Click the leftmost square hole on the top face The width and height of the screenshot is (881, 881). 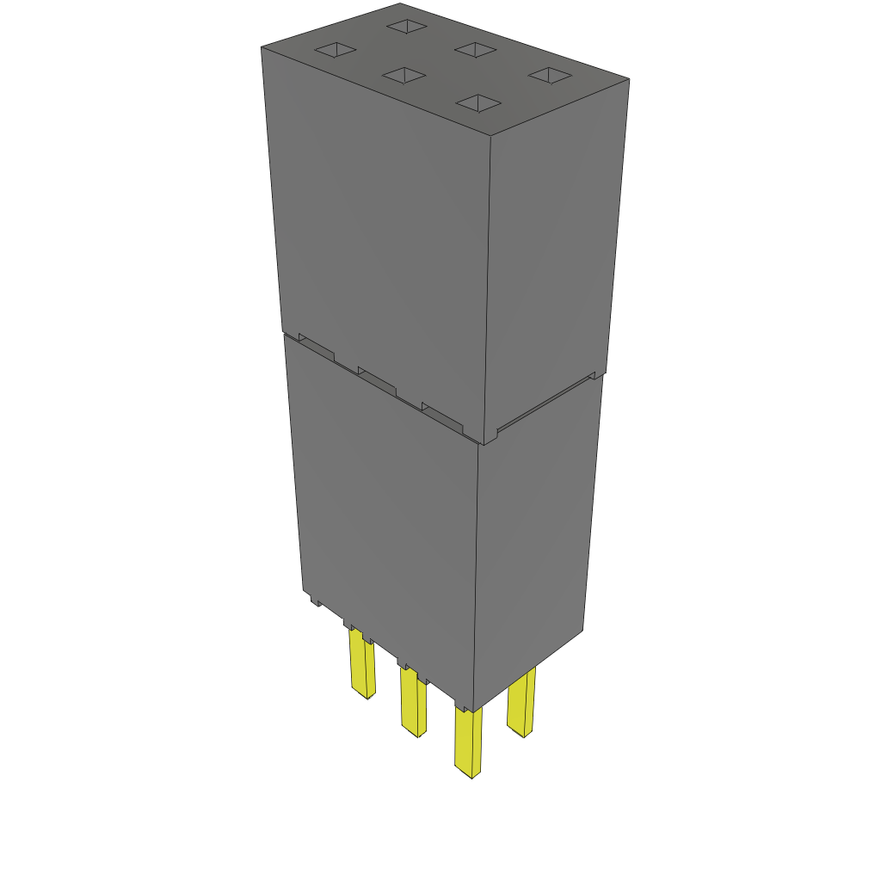pos(336,51)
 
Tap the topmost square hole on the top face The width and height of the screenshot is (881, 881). pos(407,26)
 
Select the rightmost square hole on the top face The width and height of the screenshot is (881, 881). pos(550,76)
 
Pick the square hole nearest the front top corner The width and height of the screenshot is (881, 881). pos(478,103)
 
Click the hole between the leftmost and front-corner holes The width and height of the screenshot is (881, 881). pos(404,76)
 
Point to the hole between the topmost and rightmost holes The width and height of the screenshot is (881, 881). pos(476,49)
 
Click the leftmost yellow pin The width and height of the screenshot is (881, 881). pos(361,662)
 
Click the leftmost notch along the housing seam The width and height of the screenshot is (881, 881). pos(316,346)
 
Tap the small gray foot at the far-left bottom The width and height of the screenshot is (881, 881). pos(315,600)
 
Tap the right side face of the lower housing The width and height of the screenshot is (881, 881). pos(535,533)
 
